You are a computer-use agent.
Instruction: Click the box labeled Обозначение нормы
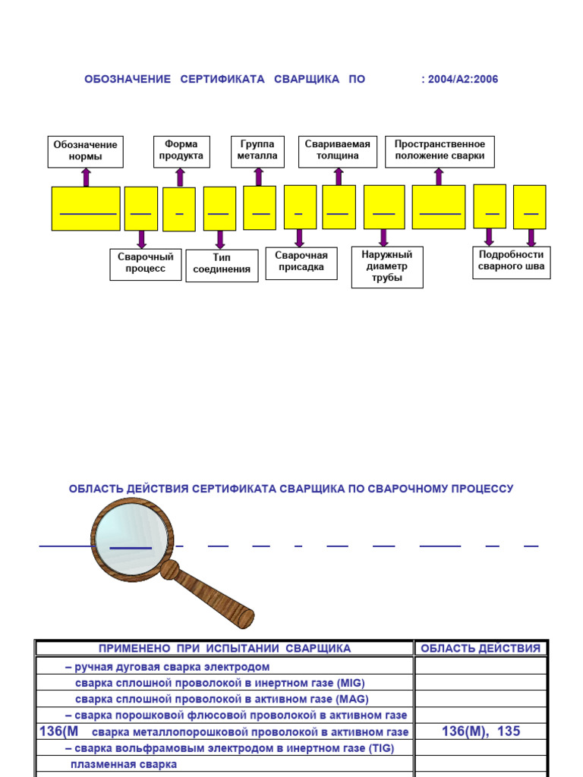(85, 152)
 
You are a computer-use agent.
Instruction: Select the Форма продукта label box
(181, 152)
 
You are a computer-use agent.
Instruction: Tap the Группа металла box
(258, 152)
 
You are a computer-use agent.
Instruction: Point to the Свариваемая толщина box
(338, 152)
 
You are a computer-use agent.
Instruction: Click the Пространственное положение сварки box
(440, 152)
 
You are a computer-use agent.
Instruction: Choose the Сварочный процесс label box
(146, 265)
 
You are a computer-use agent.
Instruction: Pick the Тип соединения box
(222, 266)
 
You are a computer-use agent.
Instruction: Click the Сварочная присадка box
(301, 263)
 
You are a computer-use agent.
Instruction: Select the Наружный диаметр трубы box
(387, 267)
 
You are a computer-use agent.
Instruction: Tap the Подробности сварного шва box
(511, 263)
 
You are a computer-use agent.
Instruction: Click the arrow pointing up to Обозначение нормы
(87, 178)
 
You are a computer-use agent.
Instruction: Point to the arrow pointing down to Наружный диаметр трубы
(383, 238)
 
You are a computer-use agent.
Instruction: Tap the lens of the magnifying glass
(132, 539)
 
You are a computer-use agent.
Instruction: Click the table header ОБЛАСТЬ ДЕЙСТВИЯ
(481, 649)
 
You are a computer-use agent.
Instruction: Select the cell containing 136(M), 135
(481, 731)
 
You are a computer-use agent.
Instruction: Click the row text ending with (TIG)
(229, 748)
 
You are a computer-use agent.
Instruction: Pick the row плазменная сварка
(124, 765)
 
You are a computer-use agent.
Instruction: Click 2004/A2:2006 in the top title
(463, 79)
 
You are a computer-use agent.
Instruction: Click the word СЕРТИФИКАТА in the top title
(222, 79)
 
